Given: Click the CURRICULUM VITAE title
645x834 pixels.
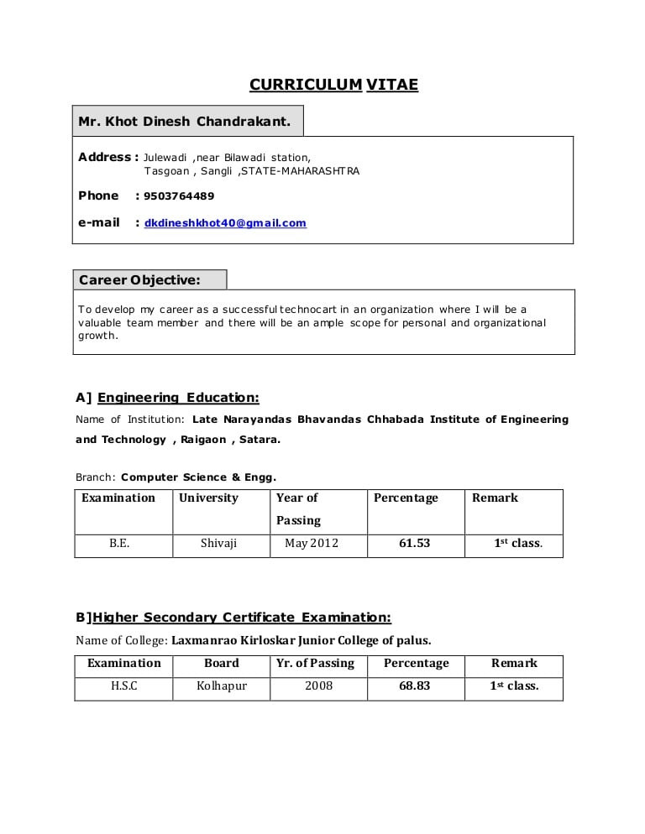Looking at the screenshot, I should click(333, 85).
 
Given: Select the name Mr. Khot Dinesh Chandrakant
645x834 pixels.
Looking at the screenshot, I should click(185, 122).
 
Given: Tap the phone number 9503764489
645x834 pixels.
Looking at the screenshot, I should click(179, 196).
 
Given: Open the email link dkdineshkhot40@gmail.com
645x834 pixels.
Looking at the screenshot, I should click(225, 223).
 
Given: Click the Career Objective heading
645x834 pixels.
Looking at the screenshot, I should click(139, 279).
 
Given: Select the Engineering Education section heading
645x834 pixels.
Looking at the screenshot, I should click(178, 398).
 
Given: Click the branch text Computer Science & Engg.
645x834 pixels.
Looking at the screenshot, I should click(198, 477).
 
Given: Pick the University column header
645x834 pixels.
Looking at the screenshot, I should click(208, 498).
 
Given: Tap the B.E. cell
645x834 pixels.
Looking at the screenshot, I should click(119, 544).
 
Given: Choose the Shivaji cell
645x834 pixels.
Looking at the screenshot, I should click(218, 544).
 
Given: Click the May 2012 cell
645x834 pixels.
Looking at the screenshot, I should click(312, 544).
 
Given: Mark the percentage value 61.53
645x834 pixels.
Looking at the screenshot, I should click(414, 544).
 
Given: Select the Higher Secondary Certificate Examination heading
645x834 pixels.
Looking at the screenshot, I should click(241, 618).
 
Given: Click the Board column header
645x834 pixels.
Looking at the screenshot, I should click(222, 664).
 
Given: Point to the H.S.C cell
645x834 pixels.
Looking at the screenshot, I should click(124, 686).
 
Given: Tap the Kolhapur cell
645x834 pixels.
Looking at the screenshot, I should click(222, 686).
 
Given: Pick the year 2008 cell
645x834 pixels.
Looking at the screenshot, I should click(318, 686).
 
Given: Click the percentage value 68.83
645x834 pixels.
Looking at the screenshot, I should click(414, 686).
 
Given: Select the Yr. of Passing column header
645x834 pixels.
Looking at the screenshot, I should click(315, 664).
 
